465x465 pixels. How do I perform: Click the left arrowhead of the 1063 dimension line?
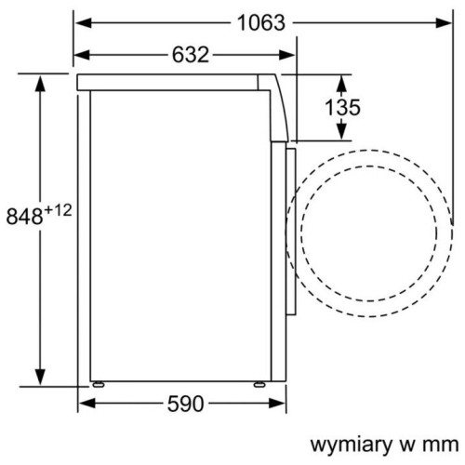coord(81,22)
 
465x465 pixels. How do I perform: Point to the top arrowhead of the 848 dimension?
coord(41,83)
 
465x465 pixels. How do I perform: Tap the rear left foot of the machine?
coord(95,383)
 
